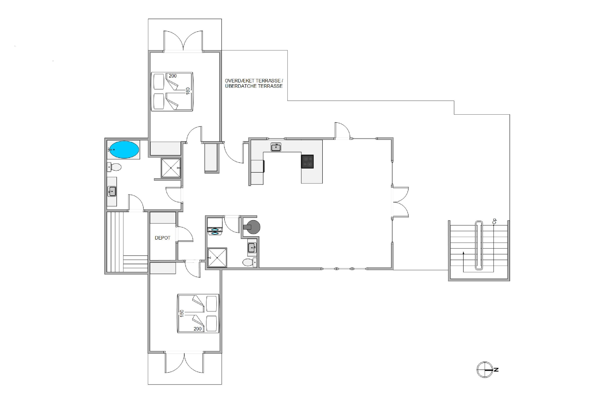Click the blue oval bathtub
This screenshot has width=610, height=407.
coord(124,150)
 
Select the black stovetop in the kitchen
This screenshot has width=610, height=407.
coord(307,161)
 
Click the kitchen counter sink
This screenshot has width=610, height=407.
coord(276,147)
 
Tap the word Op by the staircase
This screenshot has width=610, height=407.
coord(494,221)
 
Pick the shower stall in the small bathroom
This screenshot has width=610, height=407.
coord(217,258)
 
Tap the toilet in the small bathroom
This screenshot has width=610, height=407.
coord(250,263)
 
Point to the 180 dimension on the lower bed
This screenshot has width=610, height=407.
coord(182,313)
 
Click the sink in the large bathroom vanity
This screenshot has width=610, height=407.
coord(112,191)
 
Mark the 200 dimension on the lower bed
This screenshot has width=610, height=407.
coord(198,329)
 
